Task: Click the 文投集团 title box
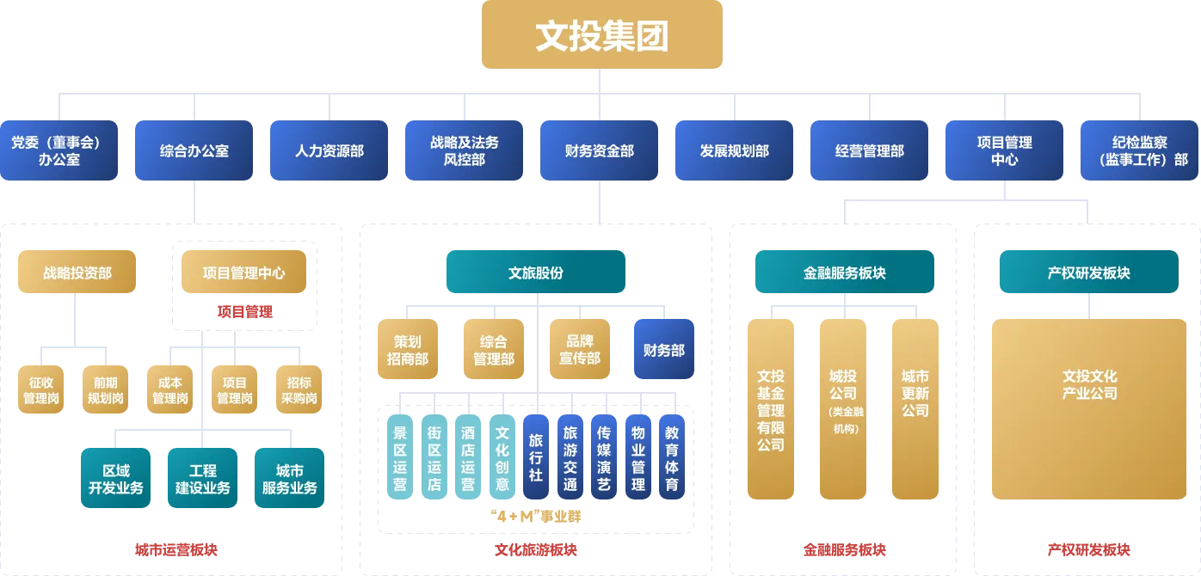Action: pyautogui.click(x=601, y=34)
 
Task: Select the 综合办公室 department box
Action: pyautogui.click(x=194, y=150)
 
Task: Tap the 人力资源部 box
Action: pyautogui.click(x=330, y=150)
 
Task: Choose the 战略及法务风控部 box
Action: pyautogui.click(x=465, y=150)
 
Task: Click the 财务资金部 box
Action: pyautogui.click(x=600, y=150)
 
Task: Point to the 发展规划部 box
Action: pyautogui.click(x=734, y=150)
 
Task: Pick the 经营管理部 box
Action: pyautogui.click(x=869, y=150)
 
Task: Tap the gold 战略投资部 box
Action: pyautogui.click(x=77, y=273)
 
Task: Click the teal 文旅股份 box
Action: pyautogui.click(x=535, y=273)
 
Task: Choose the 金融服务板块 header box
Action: pyautogui.click(x=844, y=273)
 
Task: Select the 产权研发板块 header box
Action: pyautogui.click(x=1088, y=273)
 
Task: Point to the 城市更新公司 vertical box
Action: pyautogui.click(x=915, y=408)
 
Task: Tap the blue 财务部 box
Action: pyautogui.click(x=663, y=350)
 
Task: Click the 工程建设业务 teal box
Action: pyautogui.click(x=202, y=479)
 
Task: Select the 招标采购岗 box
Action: pyautogui.click(x=299, y=390)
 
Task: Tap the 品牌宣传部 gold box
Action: pyautogui.click(x=579, y=350)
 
